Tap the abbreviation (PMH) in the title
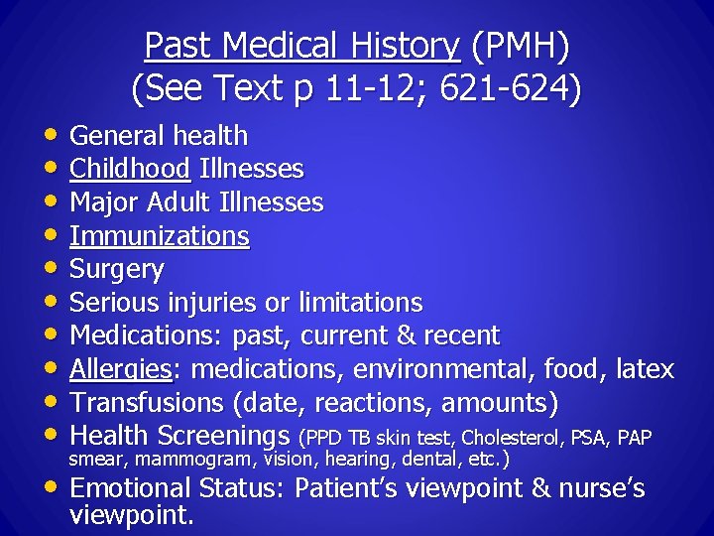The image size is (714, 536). tap(521, 46)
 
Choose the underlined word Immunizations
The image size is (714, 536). tap(160, 236)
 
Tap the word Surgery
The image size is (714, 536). tap(117, 269)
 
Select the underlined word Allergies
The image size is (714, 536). tap(121, 370)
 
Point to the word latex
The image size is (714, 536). tap(645, 370)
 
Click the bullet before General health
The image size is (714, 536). tap(51, 136)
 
